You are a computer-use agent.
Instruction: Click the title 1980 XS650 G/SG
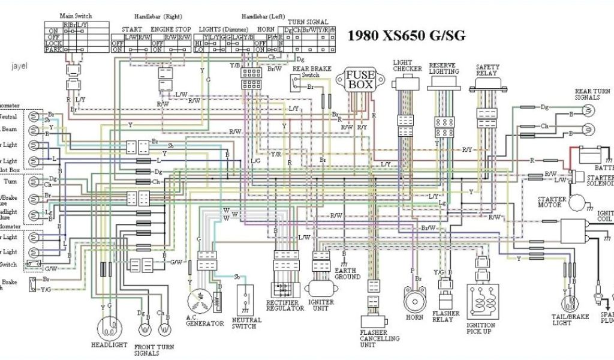pos(407,36)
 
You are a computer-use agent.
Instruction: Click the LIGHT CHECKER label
pos(407,65)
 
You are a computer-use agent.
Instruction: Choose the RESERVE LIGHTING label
pos(444,68)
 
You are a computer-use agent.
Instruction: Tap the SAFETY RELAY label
pos(487,70)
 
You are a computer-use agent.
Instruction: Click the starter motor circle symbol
pos(579,203)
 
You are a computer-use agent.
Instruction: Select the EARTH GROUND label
pos(347,273)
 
